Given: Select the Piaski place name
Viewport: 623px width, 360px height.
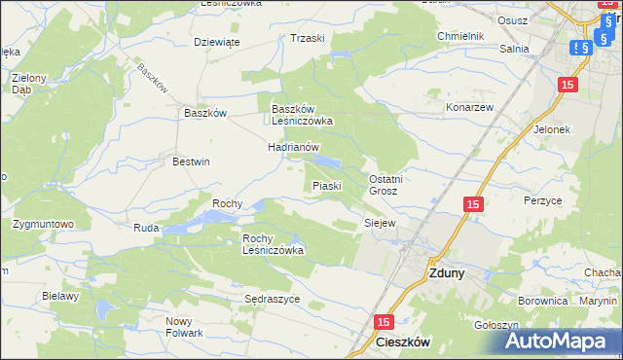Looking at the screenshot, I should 325,185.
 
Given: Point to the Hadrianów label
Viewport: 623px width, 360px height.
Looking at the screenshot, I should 294,147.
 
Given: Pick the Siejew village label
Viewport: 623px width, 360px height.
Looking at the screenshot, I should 380,223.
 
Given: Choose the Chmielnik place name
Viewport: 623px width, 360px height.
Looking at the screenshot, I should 460,36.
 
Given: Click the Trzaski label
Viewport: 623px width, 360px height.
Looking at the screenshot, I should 307,38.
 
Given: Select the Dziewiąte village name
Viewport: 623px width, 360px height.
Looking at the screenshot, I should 216,42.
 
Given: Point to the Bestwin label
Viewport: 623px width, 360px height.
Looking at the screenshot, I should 191,162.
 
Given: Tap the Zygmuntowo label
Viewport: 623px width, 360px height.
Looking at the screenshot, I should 43,224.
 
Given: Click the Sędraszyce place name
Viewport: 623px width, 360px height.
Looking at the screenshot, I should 273,300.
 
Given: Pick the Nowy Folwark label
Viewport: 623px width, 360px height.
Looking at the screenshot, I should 184,327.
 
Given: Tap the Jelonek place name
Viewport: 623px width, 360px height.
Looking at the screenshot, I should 551,128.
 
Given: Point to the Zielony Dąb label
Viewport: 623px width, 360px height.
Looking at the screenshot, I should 29,83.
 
